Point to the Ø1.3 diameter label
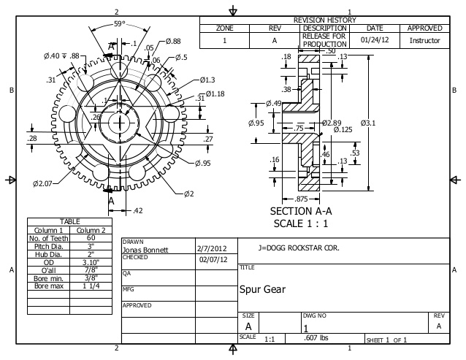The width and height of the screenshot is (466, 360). click(207, 80)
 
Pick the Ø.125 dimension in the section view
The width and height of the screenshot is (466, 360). click(340, 129)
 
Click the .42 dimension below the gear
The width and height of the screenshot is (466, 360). click(137, 210)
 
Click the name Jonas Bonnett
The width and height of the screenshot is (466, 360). click(145, 249)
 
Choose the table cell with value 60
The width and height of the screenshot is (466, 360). click(90, 237)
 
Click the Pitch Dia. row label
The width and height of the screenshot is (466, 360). click(48, 247)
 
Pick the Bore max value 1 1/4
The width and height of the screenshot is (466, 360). click(90, 285)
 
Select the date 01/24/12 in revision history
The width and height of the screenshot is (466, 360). click(374, 40)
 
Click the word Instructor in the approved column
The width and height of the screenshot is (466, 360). click(424, 41)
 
